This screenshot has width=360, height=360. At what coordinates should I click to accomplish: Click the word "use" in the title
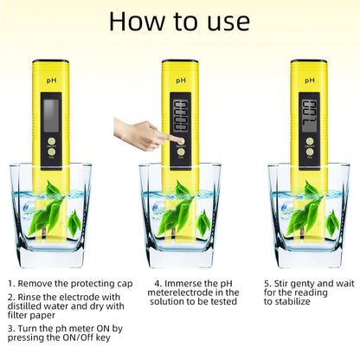[222, 21]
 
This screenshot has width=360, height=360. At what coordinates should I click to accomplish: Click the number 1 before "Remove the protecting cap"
[11, 283]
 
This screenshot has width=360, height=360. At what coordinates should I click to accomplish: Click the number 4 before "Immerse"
[157, 283]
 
